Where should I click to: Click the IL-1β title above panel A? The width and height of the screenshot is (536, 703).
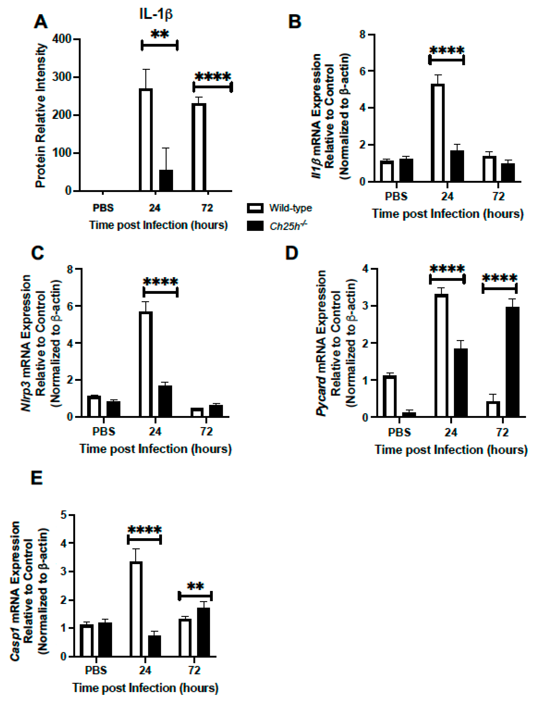tap(156, 14)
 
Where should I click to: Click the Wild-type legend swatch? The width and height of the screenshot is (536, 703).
tap(255, 208)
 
